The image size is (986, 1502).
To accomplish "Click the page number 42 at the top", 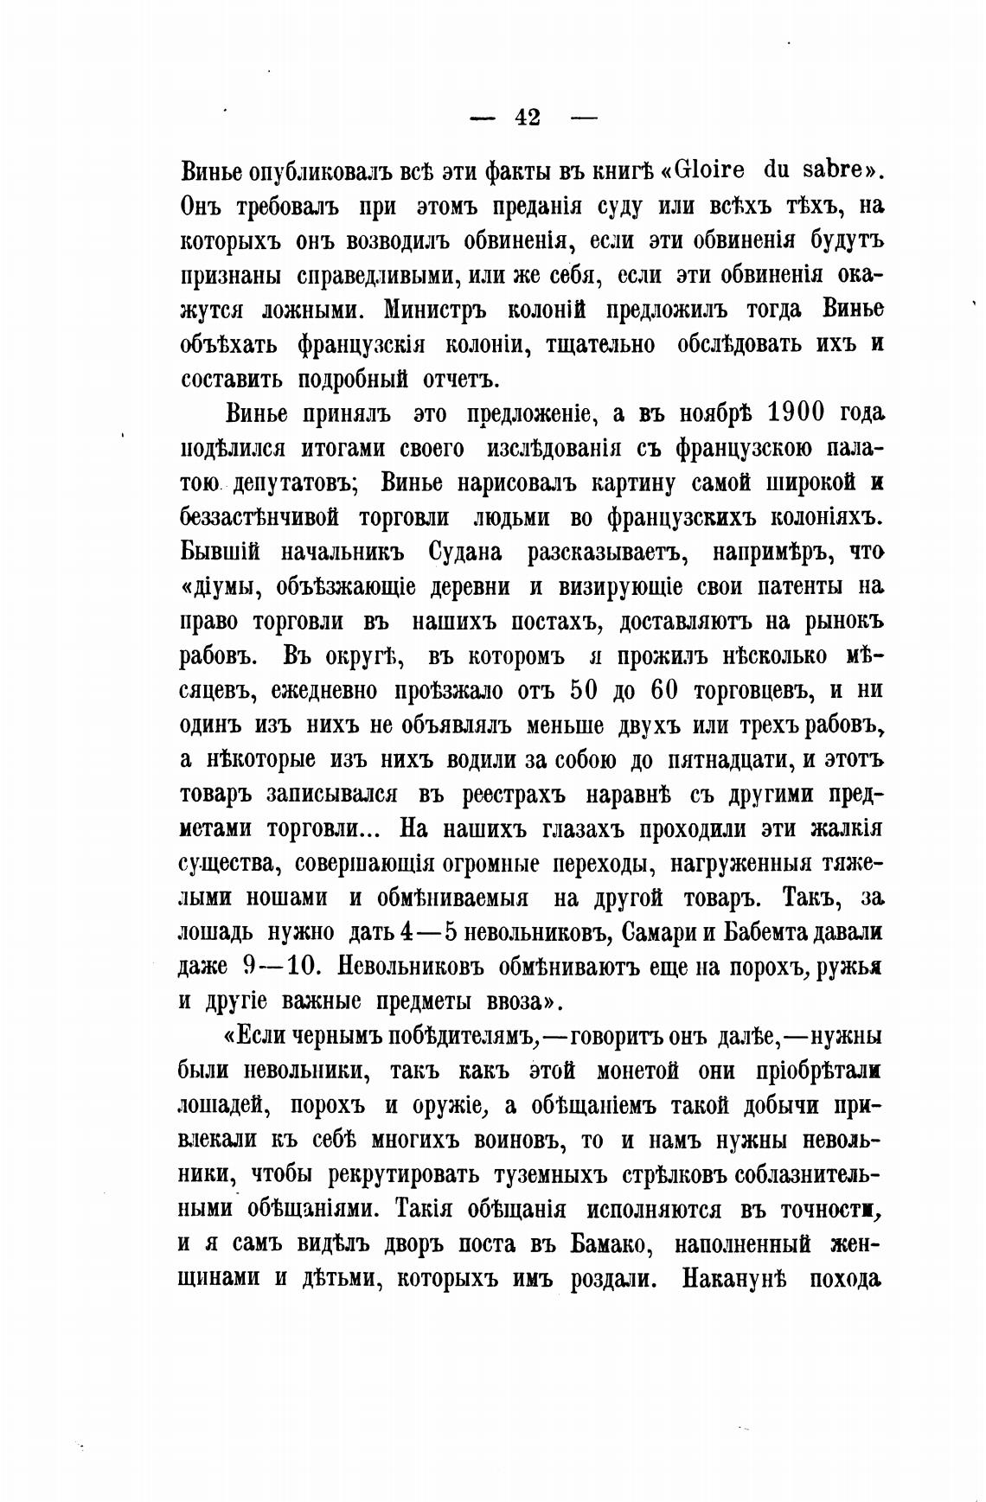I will click(527, 117).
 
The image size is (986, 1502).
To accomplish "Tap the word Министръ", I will click(446, 310).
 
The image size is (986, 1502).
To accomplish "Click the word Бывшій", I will click(220, 552).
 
